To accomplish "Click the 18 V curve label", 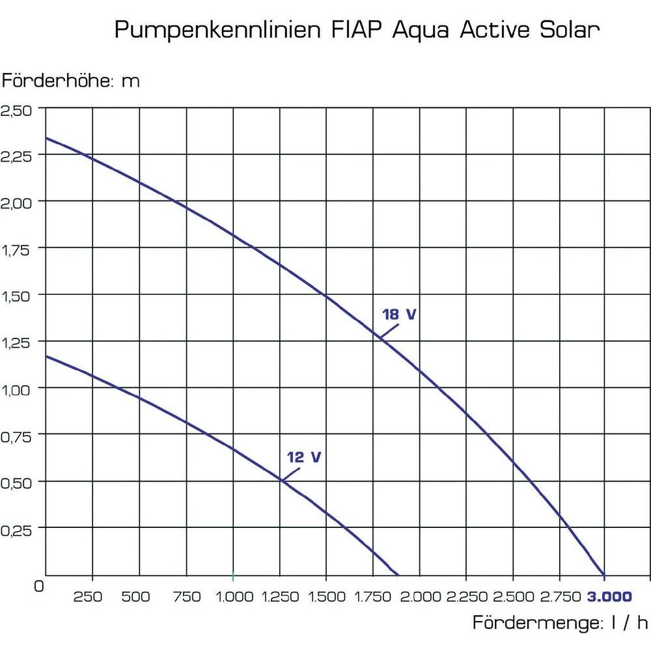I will [x=399, y=314].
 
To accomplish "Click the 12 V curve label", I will [x=304, y=457].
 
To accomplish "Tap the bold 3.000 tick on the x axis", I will [x=609, y=596].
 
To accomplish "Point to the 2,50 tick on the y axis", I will [x=17, y=109].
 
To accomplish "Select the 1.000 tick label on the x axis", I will [x=234, y=596].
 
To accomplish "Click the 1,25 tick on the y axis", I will [x=17, y=342].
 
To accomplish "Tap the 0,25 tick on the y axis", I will [x=17, y=529].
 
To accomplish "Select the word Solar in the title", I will [x=570, y=29].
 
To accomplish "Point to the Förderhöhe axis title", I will [x=70, y=81].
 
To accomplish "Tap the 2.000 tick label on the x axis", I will [x=420, y=596].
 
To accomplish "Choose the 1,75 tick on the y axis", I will [x=17, y=249].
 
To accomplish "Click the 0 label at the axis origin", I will [x=38, y=585].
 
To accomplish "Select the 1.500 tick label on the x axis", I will [x=327, y=596].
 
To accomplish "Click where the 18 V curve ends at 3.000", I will [x=605, y=575].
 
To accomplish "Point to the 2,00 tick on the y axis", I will [x=17, y=202].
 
